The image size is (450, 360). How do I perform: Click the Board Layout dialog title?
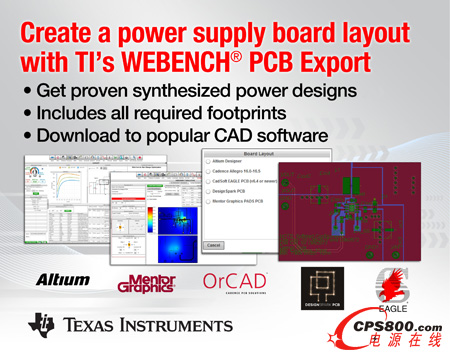pyautogui.click(x=244, y=158)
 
